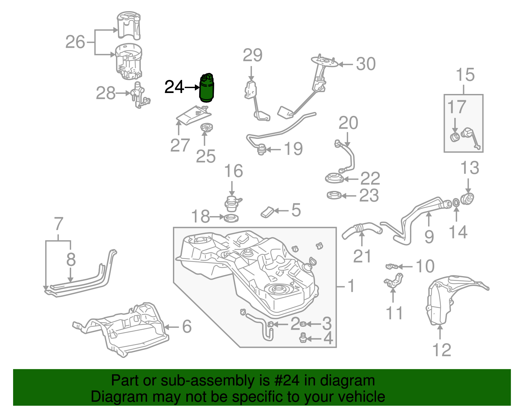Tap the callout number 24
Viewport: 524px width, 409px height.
174,87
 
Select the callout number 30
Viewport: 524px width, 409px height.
365,64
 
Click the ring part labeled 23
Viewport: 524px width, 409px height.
334,195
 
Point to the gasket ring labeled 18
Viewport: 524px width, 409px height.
231,218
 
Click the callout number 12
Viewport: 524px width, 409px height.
442,350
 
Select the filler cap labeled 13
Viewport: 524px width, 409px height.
467,198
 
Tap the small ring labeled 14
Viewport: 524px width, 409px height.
456,203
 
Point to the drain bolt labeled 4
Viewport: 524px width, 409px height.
303,338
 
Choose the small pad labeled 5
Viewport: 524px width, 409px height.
268,212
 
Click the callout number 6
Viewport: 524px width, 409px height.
187,326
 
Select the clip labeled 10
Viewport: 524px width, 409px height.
392,266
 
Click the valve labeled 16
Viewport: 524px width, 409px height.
232,203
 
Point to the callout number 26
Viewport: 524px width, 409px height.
75,42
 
